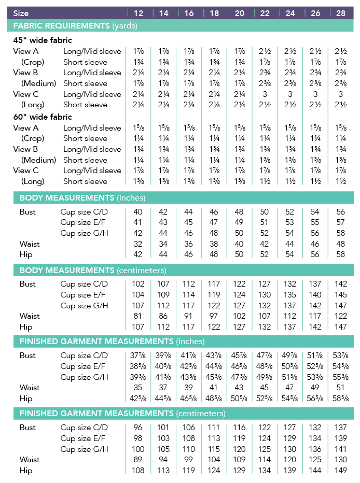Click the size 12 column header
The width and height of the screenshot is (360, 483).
139,13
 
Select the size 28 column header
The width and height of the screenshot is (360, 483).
341,13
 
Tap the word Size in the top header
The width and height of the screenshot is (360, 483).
21,13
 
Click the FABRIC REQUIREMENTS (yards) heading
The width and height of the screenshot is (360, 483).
75,25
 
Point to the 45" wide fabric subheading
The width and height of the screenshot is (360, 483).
43,40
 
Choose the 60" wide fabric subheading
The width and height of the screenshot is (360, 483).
43,117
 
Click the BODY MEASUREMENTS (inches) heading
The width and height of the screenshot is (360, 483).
82,197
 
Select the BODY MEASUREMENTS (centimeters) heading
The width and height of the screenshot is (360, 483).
93,270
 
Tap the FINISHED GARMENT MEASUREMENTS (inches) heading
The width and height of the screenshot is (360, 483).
112,342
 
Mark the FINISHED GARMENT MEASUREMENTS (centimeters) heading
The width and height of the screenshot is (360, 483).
122,414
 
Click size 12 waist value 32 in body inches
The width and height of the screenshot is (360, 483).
139,244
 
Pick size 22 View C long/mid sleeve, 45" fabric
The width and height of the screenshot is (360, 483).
265,94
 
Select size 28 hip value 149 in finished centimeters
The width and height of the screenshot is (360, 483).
341,471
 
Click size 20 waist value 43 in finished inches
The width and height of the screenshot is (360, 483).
240,388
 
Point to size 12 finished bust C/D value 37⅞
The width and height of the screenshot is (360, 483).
139,356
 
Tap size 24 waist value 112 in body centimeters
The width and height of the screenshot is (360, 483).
290,316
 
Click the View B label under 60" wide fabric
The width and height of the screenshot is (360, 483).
26,149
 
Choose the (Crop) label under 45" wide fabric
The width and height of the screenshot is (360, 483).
33,62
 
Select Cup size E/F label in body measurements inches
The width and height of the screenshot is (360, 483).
84,223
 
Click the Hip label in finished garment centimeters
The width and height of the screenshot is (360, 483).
26,471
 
